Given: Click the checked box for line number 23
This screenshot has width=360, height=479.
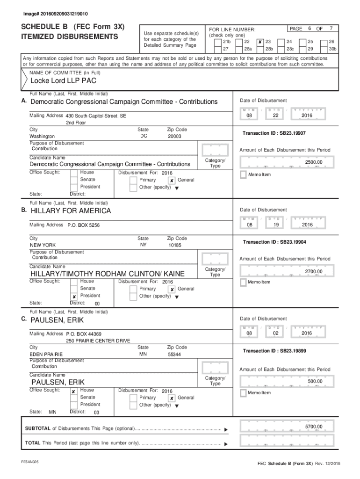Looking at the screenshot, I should (260, 42).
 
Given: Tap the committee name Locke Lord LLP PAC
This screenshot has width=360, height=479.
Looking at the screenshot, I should (64, 80).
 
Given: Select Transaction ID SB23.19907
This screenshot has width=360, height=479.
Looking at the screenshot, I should (274, 133).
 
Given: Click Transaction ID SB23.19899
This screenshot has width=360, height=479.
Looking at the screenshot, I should (274, 351).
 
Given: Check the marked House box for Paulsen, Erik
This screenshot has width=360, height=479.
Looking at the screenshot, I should (74, 391).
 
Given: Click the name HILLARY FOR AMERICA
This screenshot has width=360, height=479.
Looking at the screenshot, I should (71, 211).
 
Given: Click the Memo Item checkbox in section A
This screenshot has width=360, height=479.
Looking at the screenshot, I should (243, 174).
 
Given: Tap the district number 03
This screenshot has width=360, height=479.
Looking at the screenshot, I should (97, 413).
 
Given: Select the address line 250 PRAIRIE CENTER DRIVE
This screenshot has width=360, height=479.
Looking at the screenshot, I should (98, 341).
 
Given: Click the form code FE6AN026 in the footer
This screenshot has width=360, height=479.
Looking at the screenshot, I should (29, 462).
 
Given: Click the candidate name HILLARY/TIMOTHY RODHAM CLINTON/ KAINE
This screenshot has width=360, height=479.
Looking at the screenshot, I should (108, 274).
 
